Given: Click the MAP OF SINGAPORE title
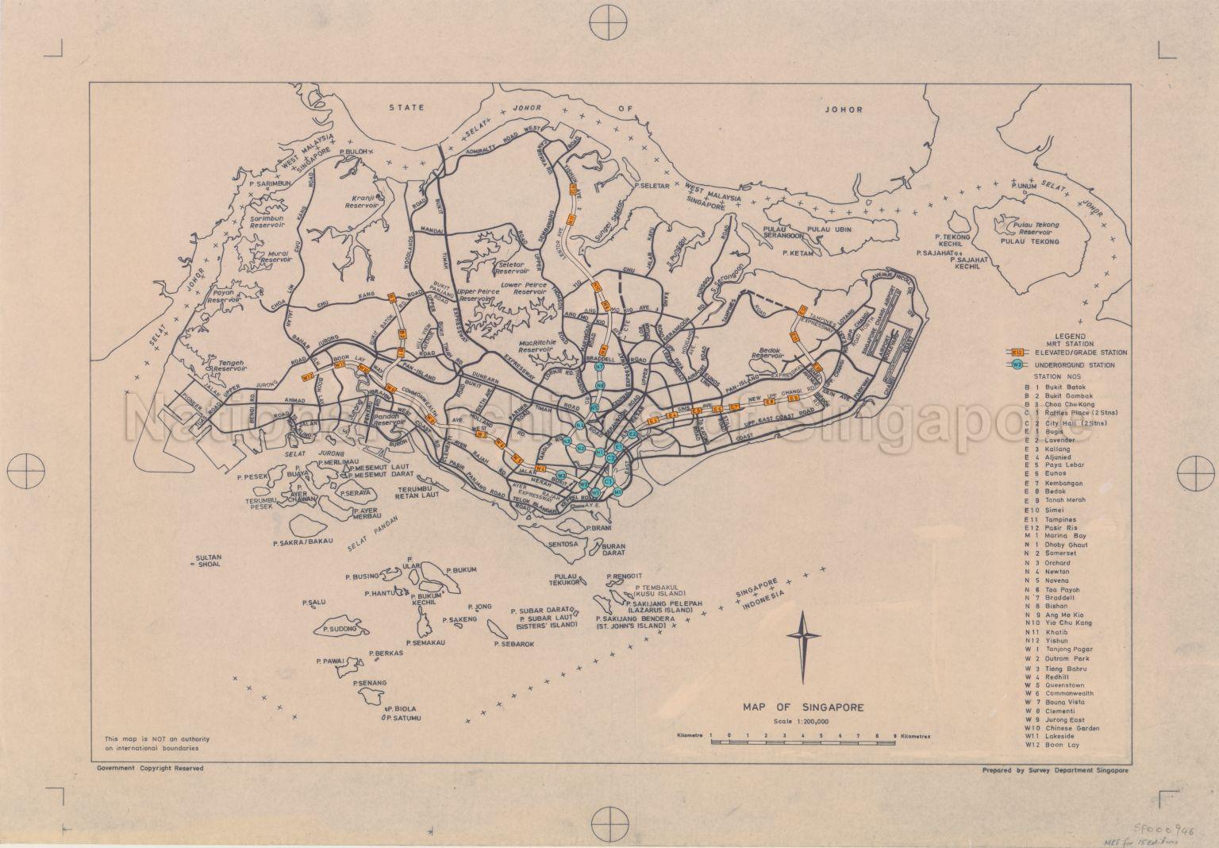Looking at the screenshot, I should (803, 707).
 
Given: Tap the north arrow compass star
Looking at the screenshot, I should (802, 638).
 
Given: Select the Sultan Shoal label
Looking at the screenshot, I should (208, 561).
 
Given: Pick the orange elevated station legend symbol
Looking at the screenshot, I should (1017, 352).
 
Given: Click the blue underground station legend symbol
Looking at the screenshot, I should (1017, 364).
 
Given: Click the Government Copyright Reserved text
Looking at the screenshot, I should (150, 769).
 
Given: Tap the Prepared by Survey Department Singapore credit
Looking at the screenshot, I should (1055, 769).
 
